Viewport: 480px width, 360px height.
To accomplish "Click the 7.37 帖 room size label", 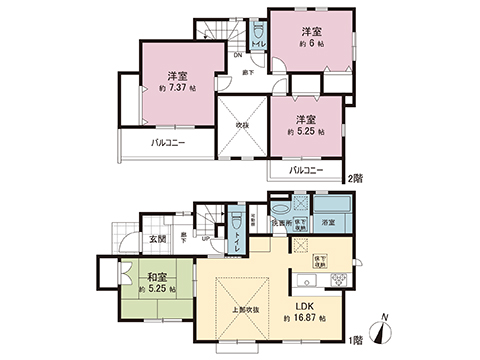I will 176,88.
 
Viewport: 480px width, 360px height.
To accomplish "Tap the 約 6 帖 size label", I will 311,44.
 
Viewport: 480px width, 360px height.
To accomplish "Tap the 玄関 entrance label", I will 158,238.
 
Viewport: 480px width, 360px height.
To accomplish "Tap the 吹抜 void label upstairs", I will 242,125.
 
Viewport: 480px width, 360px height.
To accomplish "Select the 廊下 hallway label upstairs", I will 246,74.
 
